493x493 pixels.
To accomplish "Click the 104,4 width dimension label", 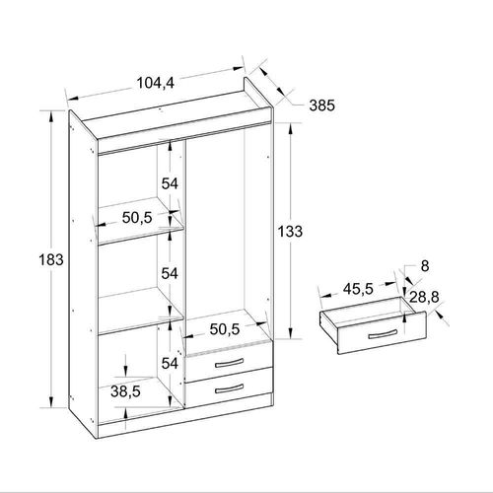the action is tap(155, 83).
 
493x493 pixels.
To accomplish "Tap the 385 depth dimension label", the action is tap(322, 106).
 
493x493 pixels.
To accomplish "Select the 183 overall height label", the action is tap(51, 259).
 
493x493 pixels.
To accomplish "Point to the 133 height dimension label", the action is tap(290, 232).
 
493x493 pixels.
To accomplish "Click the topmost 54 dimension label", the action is tap(170, 183).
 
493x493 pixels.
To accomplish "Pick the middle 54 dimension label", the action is tap(170, 273).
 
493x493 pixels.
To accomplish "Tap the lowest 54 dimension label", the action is tap(170, 364).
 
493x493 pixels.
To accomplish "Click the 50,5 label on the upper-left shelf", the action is tap(137, 218).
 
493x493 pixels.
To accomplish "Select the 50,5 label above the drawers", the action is tap(225, 329).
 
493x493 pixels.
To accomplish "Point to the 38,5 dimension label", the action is tap(125, 391).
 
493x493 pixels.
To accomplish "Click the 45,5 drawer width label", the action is tap(358, 289).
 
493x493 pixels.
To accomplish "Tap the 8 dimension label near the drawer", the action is tap(425, 266).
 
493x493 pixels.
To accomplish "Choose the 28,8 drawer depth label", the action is tap(424, 298).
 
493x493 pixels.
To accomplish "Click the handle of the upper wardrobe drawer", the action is tap(230, 363).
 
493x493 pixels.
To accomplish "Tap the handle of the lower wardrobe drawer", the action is tap(230, 388).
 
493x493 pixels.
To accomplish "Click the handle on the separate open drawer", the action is tap(383, 334).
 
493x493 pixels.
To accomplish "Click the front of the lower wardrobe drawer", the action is tap(229, 388).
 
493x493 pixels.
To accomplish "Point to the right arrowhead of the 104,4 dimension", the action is tap(239, 68).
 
